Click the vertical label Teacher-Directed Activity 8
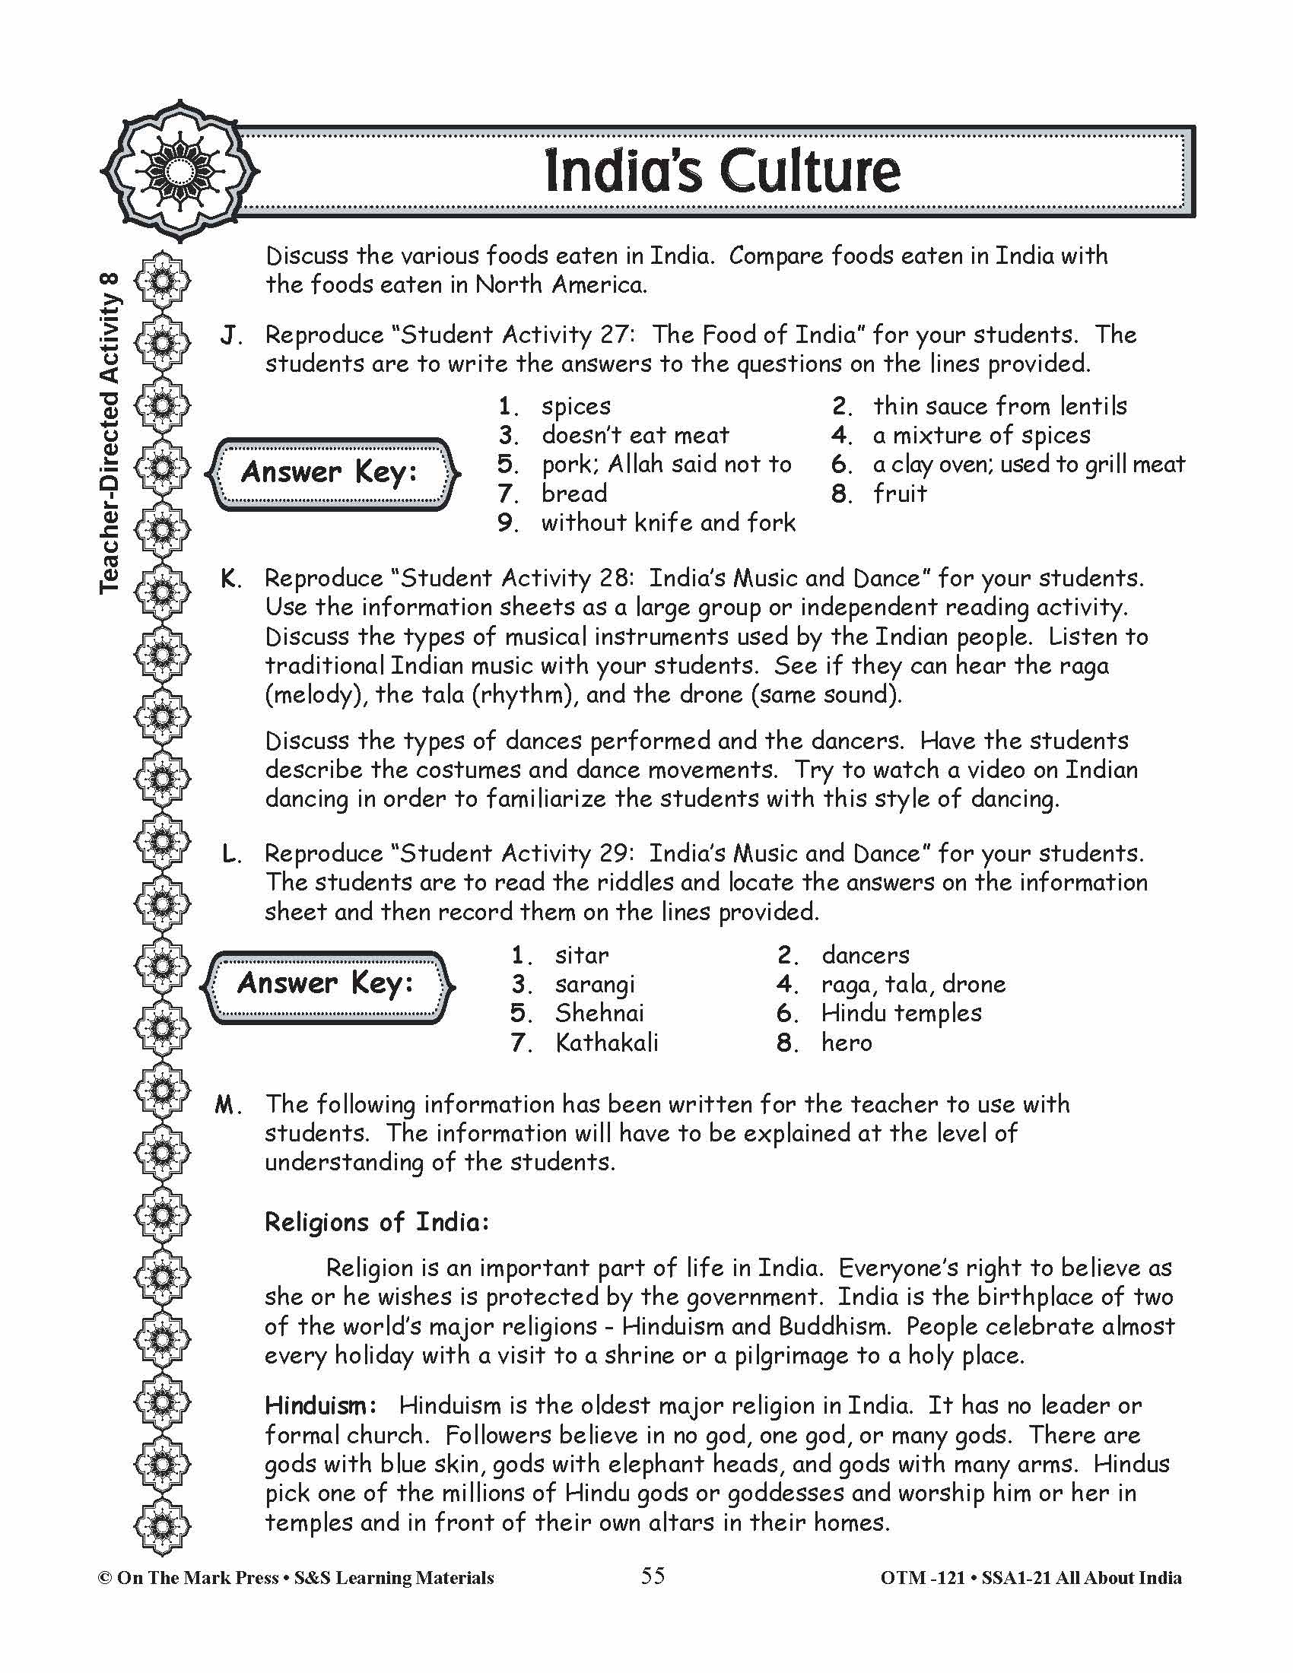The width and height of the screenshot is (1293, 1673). point(110,433)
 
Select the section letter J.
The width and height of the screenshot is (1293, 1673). point(230,335)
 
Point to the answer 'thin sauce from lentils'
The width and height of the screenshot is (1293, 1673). point(999,406)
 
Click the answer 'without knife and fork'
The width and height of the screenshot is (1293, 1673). point(668,522)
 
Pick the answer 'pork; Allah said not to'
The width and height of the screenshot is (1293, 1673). point(666,464)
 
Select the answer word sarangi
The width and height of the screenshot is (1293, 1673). point(595,985)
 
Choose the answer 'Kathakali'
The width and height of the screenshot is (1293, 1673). point(607,1043)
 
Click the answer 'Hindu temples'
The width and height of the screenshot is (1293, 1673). point(901,1014)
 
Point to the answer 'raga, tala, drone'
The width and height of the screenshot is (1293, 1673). point(913,984)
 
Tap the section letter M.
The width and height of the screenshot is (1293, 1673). point(228,1106)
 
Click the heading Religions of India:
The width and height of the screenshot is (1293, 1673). point(376,1222)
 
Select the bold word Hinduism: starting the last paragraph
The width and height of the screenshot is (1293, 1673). point(320,1405)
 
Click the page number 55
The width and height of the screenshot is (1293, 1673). point(653,1576)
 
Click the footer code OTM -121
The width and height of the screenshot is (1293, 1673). point(923,1578)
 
